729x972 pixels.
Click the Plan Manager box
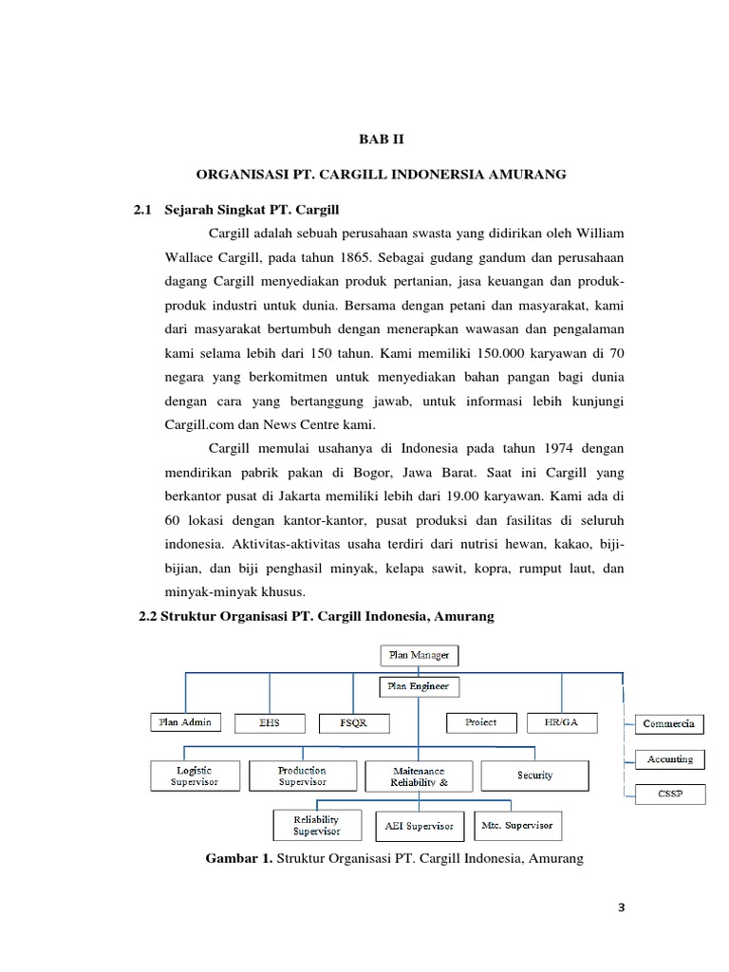pyautogui.click(x=419, y=655)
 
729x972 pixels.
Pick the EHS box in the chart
pyautogui.click(x=270, y=723)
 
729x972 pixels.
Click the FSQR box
pyautogui.click(x=353, y=723)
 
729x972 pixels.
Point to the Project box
pyautogui.click(x=481, y=722)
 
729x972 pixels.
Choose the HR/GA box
pyautogui.click(x=562, y=722)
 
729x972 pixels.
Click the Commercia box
pyautogui.click(x=669, y=723)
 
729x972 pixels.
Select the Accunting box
pyautogui.click(x=669, y=759)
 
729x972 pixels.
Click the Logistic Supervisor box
pyautogui.click(x=195, y=776)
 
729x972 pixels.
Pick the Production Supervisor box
pyautogui.click(x=302, y=776)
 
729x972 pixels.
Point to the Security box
pyautogui.click(x=534, y=776)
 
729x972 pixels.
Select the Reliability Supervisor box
pyautogui.click(x=316, y=825)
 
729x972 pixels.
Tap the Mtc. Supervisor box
pyautogui.click(x=516, y=825)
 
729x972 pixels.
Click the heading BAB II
pyautogui.click(x=380, y=140)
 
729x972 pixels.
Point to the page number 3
pyautogui.click(x=622, y=907)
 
